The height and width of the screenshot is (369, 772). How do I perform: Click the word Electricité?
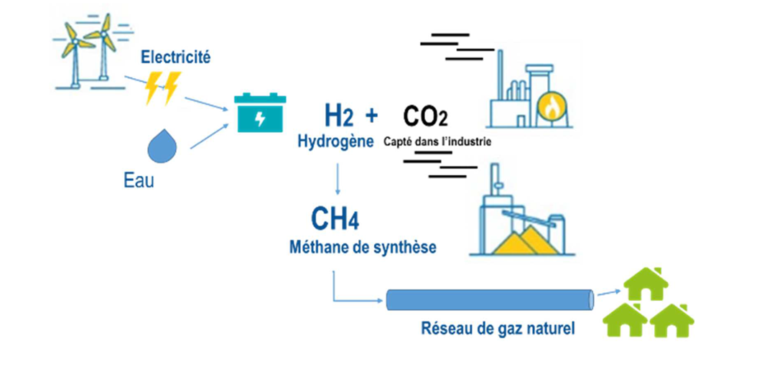(x=176, y=57)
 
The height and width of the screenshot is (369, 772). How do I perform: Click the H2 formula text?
(x=336, y=115)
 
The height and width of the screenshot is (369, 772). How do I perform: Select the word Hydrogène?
(x=335, y=141)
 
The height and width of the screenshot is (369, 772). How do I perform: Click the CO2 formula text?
(x=426, y=115)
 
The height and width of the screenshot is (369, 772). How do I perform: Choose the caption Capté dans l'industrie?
(x=438, y=141)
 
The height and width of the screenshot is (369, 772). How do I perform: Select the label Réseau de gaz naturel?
(x=498, y=331)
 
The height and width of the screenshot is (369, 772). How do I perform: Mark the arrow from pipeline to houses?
(x=609, y=293)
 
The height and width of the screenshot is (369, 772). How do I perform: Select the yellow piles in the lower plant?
(x=522, y=240)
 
